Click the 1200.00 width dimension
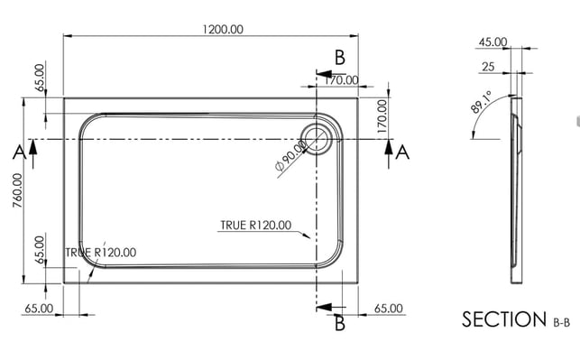223,29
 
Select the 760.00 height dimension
17,190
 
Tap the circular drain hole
317,139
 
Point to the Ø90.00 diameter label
291,156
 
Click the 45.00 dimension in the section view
493,42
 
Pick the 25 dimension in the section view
488,67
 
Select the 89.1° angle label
482,102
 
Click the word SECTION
504,318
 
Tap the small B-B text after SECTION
561,323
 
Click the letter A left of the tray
19,152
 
